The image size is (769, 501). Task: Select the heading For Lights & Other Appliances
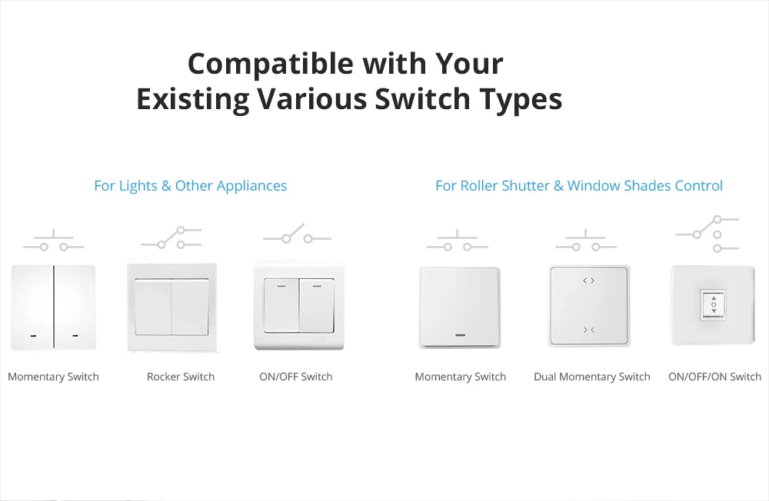click(x=190, y=186)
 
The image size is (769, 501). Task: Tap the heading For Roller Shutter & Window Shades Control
click(x=578, y=186)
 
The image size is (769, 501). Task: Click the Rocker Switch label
click(x=181, y=377)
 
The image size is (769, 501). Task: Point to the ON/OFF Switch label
click(x=296, y=377)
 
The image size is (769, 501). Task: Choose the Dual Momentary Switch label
click(x=592, y=377)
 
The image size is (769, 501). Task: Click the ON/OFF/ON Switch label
click(x=714, y=377)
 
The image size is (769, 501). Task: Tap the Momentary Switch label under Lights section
click(x=53, y=377)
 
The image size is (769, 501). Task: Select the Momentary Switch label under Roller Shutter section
click(x=460, y=377)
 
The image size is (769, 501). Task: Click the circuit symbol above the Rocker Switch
click(x=171, y=237)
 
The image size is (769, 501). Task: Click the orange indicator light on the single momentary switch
click(x=460, y=335)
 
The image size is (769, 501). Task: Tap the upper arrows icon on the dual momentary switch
click(x=589, y=281)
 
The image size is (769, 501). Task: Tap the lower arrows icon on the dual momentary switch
click(x=589, y=330)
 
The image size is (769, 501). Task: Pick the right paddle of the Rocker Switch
click(x=190, y=307)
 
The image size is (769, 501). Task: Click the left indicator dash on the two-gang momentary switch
click(x=33, y=336)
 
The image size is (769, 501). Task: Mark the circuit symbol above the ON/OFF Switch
click(x=297, y=234)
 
